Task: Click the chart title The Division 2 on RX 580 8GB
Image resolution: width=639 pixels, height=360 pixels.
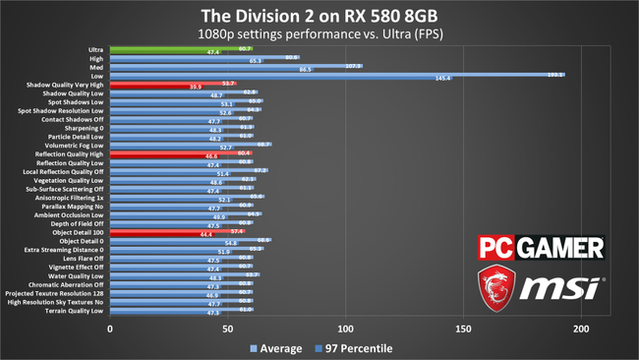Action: [319, 15]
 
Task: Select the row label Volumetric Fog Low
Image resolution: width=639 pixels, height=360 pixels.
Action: [73, 145]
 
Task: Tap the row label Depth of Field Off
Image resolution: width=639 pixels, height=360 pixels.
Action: [76, 224]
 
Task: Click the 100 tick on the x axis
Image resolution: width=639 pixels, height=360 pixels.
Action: [345, 329]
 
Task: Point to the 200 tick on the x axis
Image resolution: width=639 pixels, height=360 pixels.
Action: [581, 329]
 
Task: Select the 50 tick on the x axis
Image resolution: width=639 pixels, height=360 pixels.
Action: [228, 329]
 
